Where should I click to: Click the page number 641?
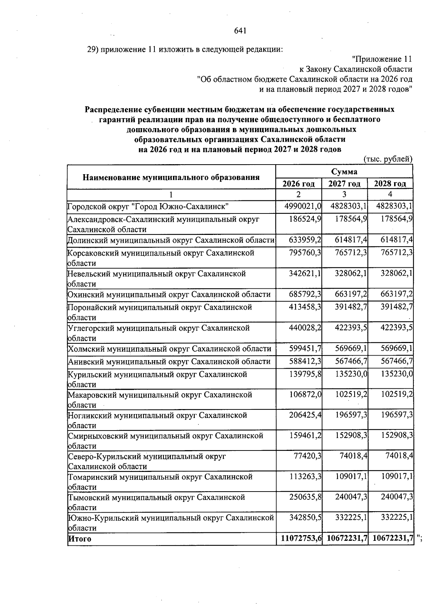coord(240,31)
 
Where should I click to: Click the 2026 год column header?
coord(299,184)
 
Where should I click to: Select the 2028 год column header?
coord(390,184)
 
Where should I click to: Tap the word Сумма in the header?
coord(344,172)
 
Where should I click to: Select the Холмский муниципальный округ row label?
coord(169,349)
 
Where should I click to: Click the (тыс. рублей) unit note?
coord(388,159)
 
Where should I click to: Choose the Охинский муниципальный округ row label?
coord(169,295)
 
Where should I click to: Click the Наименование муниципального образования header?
coord(171,177)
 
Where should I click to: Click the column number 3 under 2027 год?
coord(344,195)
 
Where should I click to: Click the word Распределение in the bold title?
coord(113,109)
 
